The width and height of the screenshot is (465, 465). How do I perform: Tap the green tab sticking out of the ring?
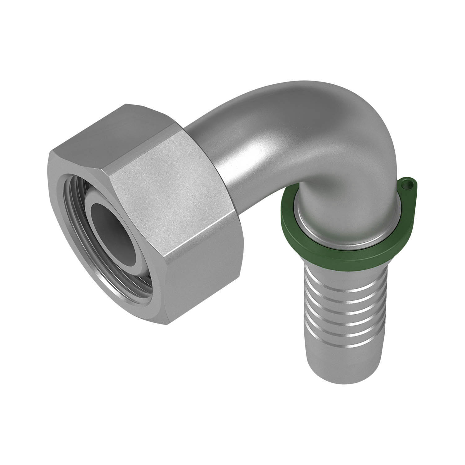pyautogui.click(x=408, y=188)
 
